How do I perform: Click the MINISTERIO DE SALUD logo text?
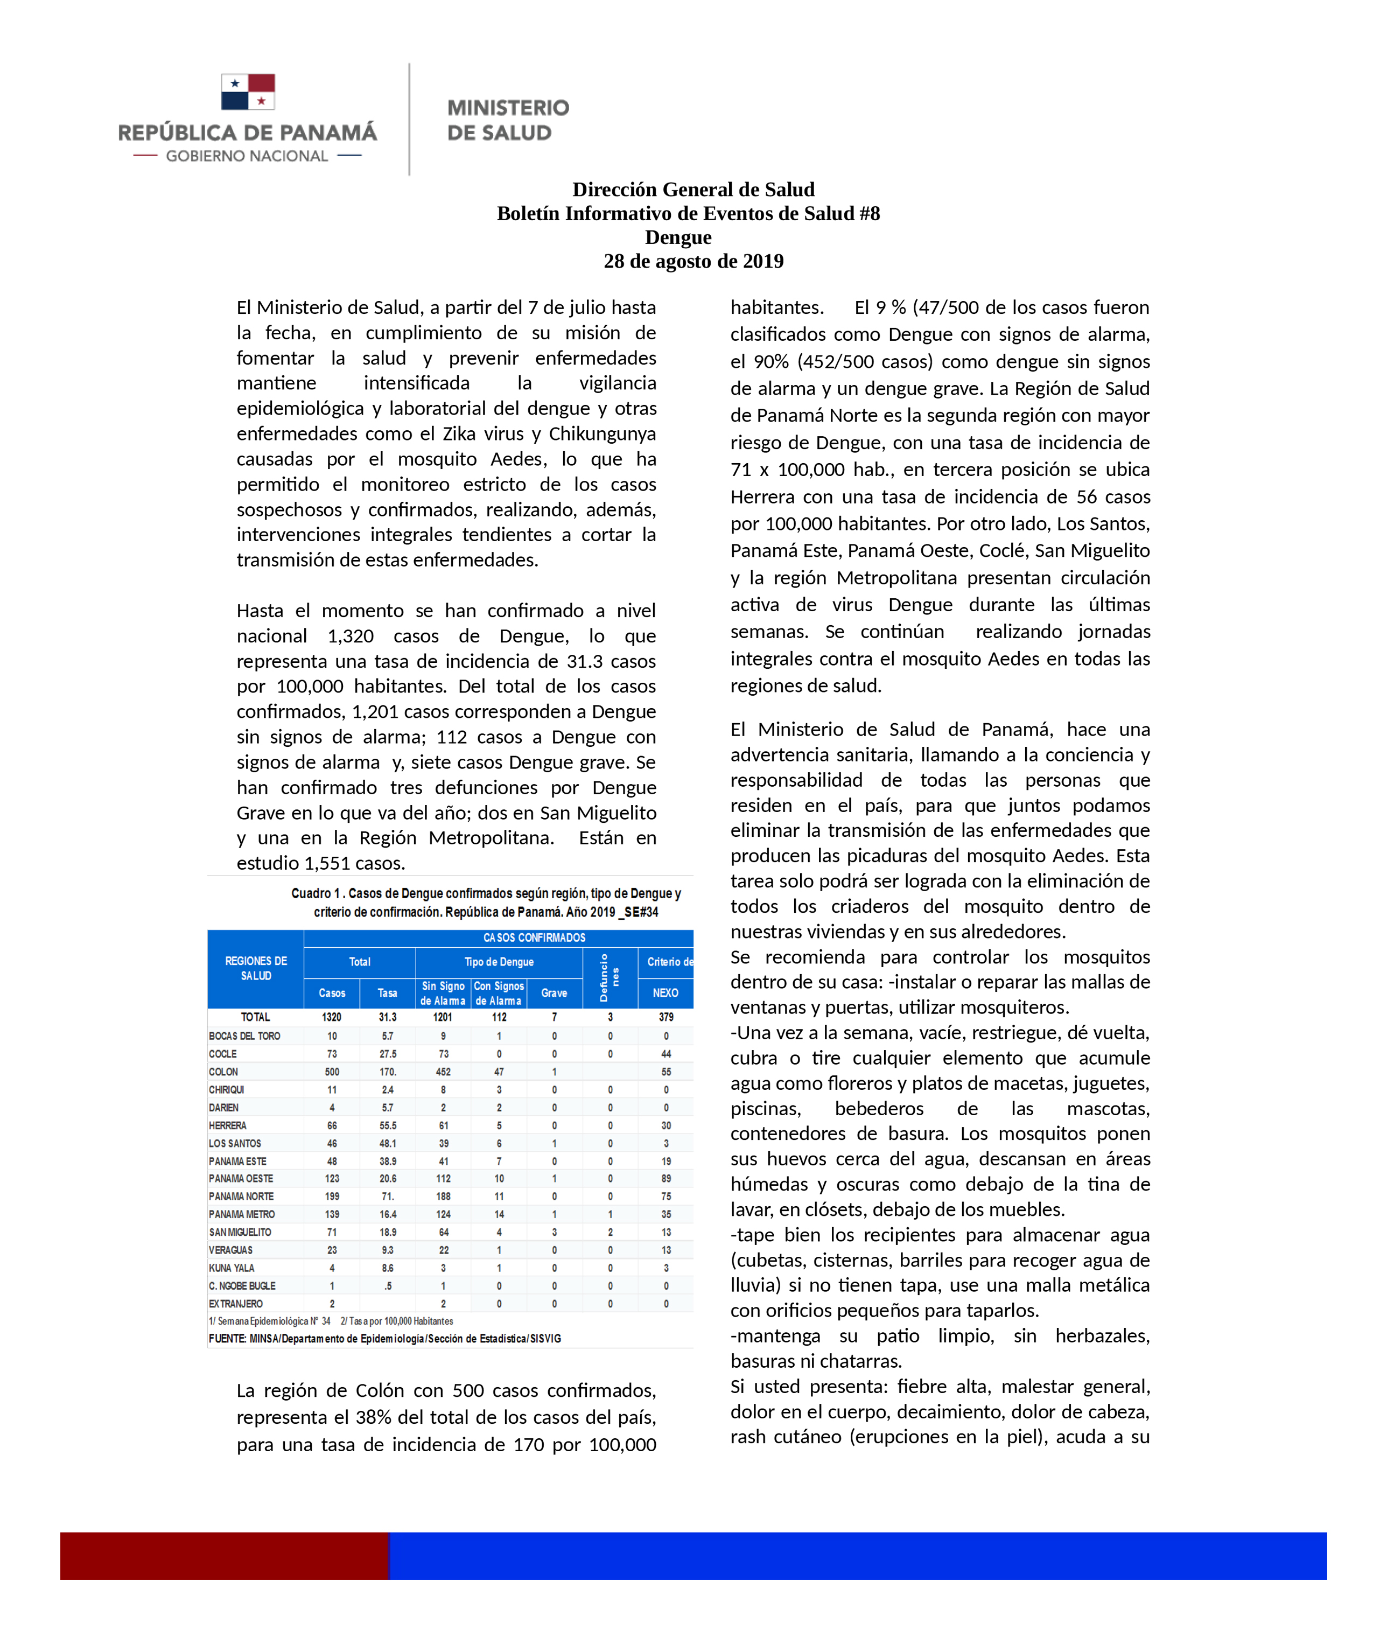click(507, 120)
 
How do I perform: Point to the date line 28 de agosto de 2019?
click(693, 262)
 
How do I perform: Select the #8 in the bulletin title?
click(869, 214)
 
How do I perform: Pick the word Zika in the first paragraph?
click(459, 433)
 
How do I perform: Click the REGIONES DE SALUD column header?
click(256, 968)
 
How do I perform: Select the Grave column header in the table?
click(554, 992)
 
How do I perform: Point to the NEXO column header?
click(666, 992)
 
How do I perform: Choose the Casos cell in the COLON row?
click(332, 1072)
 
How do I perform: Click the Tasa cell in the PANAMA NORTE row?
click(388, 1196)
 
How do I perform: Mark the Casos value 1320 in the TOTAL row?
click(332, 1017)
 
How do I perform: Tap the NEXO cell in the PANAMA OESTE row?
click(666, 1178)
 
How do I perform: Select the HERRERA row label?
click(228, 1125)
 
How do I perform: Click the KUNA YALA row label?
click(232, 1268)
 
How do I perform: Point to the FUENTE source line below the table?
click(384, 1339)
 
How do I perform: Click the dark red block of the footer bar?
click(224, 1556)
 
